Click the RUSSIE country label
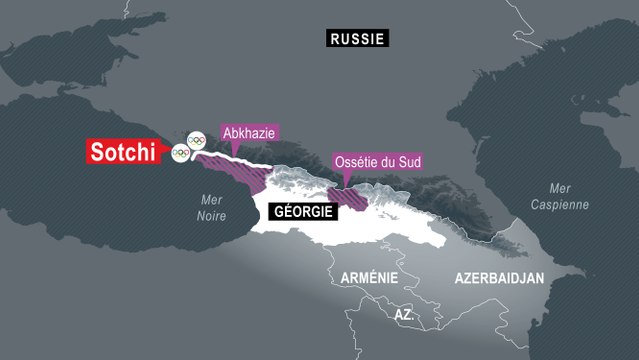pyautogui.click(x=357, y=38)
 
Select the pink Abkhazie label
pyautogui.click(x=245, y=133)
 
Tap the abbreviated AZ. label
pyautogui.click(x=404, y=314)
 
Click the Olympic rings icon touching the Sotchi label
pyautogui.click(x=180, y=153)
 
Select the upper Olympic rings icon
pyautogui.click(x=197, y=139)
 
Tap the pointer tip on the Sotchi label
pyautogui.click(x=171, y=153)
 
